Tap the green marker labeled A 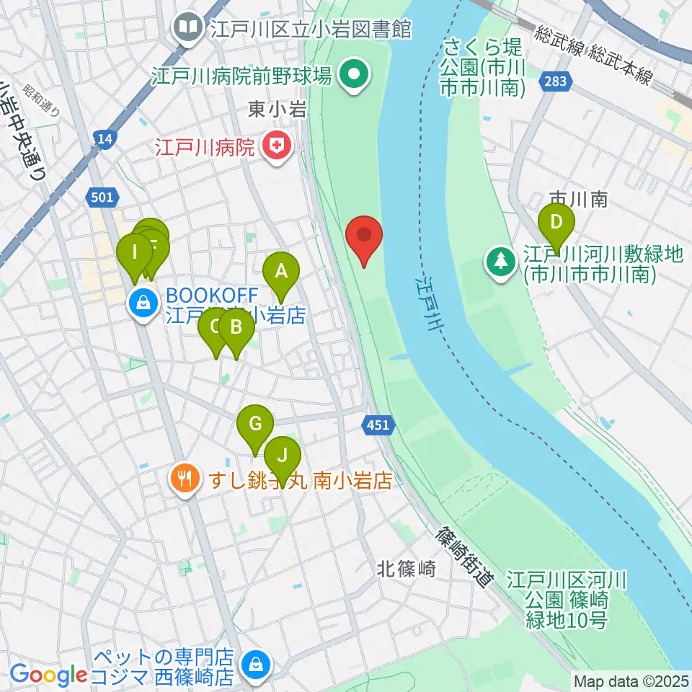point(281,272)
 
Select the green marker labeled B point(236,329)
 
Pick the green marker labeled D point(556,223)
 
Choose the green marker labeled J point(282,456)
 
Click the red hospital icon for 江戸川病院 point(276,148)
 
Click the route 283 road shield point(555,82)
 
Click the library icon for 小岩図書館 point(189,30)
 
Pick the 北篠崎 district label point(407,569)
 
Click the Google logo point(48,675)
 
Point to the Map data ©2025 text point(629,680)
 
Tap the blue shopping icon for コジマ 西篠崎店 point(254,662)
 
